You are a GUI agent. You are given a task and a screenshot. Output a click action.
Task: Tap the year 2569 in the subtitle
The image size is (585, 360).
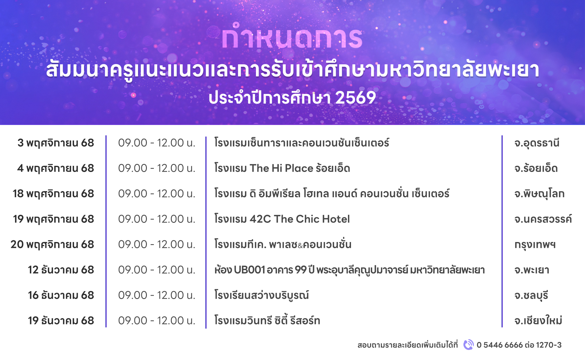(356, 98)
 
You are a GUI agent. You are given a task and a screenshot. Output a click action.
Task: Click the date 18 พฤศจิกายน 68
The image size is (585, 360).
(53, 194)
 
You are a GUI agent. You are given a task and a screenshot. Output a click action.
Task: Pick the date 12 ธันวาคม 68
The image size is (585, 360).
(61, 270)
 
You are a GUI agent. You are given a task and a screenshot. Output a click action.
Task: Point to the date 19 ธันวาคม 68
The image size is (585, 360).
(61, 321)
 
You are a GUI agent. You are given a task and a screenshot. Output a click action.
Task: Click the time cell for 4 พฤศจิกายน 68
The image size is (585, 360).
(157, 168)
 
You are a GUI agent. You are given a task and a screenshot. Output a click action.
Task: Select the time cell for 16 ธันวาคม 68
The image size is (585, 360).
(157, 295)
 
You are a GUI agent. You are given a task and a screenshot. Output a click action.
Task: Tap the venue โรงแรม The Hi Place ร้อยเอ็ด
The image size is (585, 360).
(282, 168)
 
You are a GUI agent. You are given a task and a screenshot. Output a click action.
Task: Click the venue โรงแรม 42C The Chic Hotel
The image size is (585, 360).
(282, 219)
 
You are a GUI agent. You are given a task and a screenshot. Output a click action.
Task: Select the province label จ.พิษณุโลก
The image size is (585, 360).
(539, 194)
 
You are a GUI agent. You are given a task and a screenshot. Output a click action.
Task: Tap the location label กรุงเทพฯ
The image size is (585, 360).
(535, 245)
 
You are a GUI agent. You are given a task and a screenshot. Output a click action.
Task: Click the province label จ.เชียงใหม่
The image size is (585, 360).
(538, 321)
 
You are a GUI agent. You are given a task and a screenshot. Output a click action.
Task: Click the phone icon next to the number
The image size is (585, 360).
(469, 345)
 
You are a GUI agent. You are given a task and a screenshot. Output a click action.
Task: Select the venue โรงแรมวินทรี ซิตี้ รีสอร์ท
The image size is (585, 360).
(267, 321)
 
